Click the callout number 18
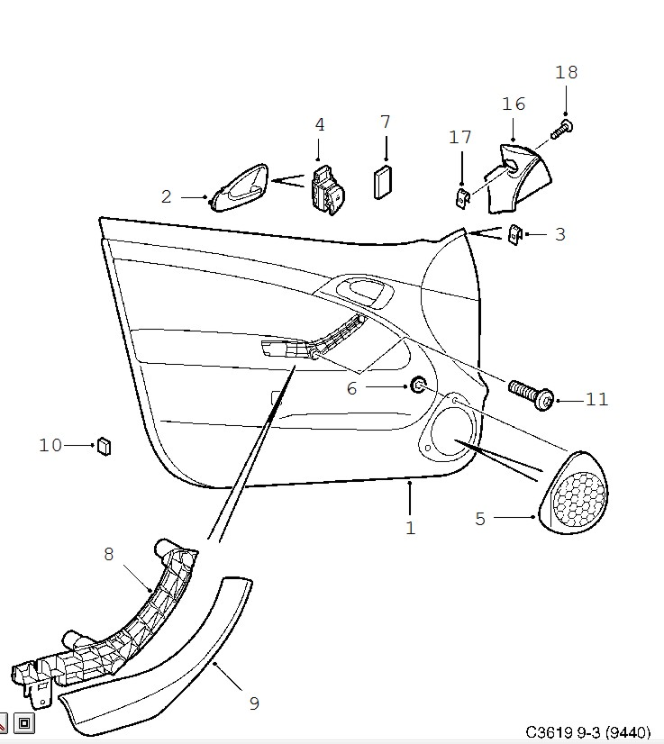(x=566, y=73)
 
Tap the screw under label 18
(x=562, y=130)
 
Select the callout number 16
(x=514, y=104)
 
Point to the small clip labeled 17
(x=463, y=197)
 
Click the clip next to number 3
(x=515, y=234)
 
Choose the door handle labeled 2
(x=239, y=188)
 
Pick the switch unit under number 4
(x=328, y=191)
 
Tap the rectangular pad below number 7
(x=383, y=182)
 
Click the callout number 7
(x=386, y=122)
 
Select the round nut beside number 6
(x=418, y=385)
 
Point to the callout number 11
(x=596, y=400)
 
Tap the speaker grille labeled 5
(x=573, y=492)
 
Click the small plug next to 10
(x=104, y=446)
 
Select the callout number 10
(x=50, y=446)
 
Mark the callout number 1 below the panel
(x=411, y=528)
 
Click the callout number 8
(x=109, y=554)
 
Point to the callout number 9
(x=254, y=703)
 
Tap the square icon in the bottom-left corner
(x=24, y=722)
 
